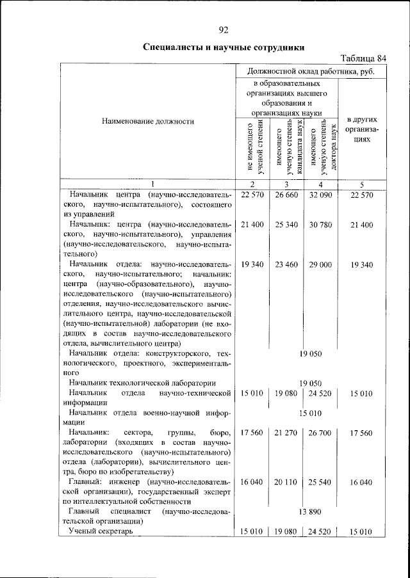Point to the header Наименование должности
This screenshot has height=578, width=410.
click(x=147, y=120)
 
